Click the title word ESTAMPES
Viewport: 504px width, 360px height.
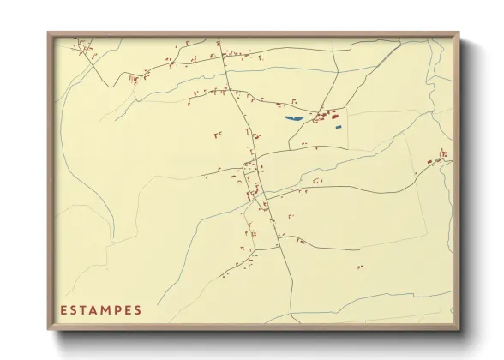point(100,310)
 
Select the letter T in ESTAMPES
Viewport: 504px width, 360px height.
point(80,310)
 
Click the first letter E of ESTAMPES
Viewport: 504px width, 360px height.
point(63,310)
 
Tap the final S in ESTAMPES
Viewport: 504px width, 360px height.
point(137,310)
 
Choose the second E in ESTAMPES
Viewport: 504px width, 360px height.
point(126,310)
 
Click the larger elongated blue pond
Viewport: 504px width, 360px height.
point(293,117)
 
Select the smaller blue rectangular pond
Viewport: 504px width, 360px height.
point(339,128)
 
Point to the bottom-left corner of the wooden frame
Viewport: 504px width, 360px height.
point(49,328)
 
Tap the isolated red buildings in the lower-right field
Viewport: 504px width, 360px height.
point(360,267)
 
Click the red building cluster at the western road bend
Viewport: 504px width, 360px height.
point(135,78)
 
